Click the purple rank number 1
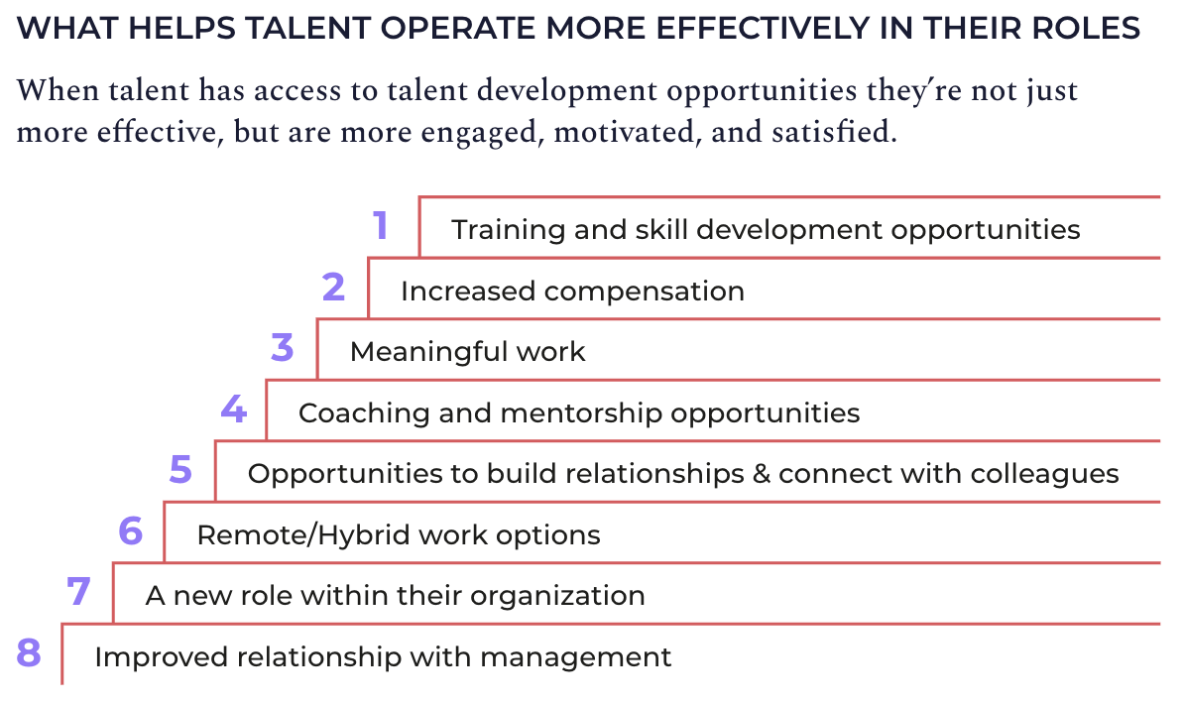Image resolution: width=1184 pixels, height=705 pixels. [381, 226]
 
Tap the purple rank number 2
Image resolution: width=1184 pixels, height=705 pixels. [333, 288]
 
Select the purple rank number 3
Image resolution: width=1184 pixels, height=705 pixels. [283, 348]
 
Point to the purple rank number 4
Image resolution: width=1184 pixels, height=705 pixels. [233, 410]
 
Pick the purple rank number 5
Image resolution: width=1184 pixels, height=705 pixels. [180, 470]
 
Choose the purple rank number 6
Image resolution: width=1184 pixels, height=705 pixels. [131, 531]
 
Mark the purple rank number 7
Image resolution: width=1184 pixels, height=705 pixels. [79, 593]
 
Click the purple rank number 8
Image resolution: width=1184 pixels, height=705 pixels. [29, 653]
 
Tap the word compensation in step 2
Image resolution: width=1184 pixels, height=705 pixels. [644, 292]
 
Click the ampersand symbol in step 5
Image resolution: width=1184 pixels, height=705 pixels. [762, 474]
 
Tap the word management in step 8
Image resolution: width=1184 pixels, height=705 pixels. [592, 657]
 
